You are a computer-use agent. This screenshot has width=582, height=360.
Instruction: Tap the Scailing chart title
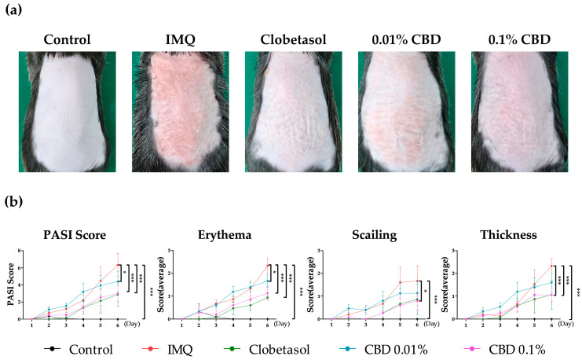coord(358,233)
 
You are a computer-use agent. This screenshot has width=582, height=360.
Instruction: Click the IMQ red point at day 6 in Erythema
coord(267,265)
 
